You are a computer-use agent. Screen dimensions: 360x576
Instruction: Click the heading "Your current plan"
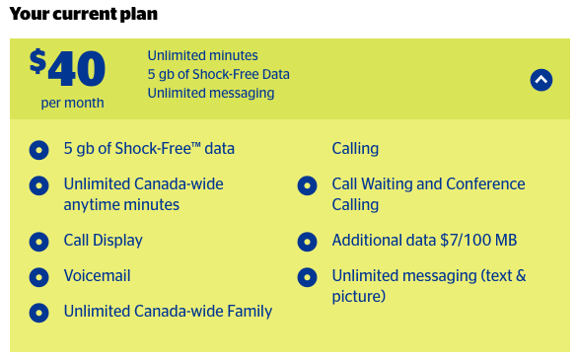click(x=83, y=15)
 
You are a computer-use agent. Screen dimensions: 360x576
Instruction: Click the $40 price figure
click(x=67, y=68)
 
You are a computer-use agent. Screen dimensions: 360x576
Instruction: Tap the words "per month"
click(x=72, y=103)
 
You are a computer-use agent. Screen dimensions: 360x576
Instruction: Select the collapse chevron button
click(x=540, y=80)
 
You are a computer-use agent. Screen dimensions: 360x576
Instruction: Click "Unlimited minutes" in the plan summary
click(x=203, y=55)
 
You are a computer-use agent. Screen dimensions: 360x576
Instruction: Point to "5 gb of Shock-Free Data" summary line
click(x=218, y=74)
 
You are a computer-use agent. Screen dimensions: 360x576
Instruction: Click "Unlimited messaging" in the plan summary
click(x=210, y=93)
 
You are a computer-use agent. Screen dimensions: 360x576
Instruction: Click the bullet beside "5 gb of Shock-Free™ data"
click(x=38, y=150)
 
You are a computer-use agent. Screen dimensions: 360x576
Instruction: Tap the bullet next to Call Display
click(x=38, y=241)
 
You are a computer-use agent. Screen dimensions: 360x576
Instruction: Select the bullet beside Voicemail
click(x=38, y=277)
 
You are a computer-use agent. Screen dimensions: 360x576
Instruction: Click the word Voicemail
click(x=97, y=276)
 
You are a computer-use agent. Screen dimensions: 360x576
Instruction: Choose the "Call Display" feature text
click(x=103, y=240)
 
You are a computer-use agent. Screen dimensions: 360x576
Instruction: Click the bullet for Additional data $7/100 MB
click(x=307, y=241)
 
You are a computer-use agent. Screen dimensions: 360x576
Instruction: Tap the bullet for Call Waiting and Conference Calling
click(x=307, y=185)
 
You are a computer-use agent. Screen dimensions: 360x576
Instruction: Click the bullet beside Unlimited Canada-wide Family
click(x=38, y=313)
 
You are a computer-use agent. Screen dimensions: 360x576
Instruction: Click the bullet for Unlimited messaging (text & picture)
click(x=307, y=277)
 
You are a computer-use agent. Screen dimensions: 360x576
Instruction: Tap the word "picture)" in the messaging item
click(x=358, y=296)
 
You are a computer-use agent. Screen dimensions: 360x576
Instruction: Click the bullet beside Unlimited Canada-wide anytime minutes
click(x=38, y=185)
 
